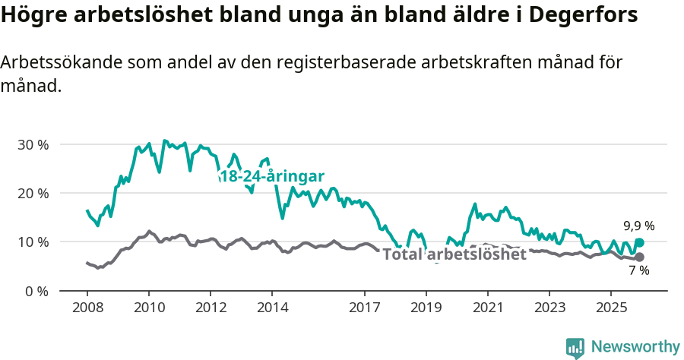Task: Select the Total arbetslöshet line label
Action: click(x=454, y=254)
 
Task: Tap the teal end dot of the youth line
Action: click(x=639, y=242)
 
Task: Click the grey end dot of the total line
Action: click(x=639, y=257)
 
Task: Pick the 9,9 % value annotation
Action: click(x=638, y=226)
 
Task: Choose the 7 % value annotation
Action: click(x=638, y=271)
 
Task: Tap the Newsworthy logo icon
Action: click(x=575, y=348)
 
